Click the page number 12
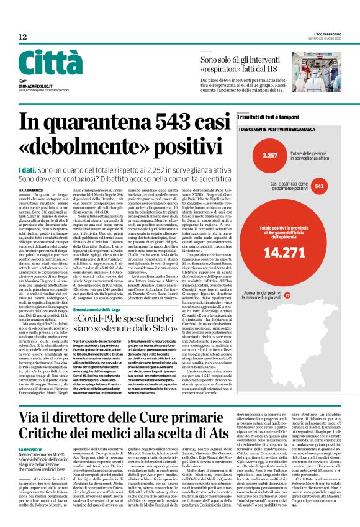tap(23, 37)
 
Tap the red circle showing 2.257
tap(270, 155)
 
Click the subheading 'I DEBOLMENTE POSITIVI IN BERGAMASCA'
tap(277, 129)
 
